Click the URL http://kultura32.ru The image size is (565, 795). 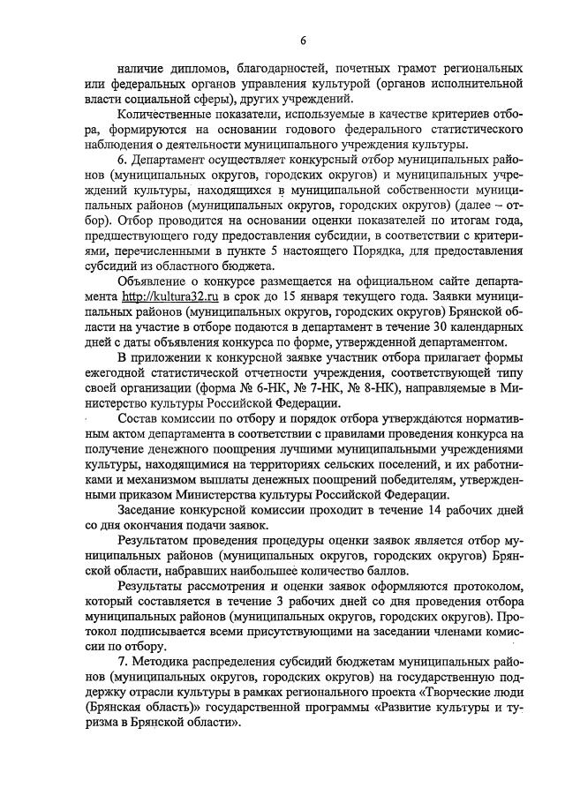coord(168,323)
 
